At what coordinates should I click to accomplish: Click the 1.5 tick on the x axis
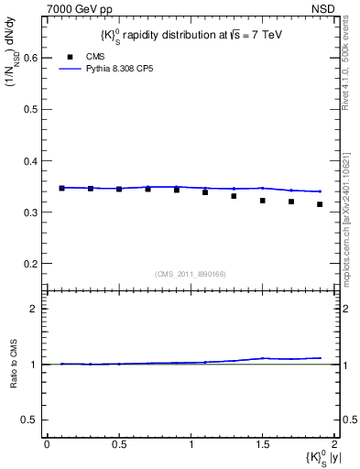point(262,445)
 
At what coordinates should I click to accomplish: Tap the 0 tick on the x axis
point(47,445)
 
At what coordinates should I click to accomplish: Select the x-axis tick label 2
point(334,445)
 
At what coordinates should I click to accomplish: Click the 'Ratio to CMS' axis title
point(14,365)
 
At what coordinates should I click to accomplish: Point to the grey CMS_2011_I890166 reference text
point(191,274)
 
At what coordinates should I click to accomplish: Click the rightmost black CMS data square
point(320,204)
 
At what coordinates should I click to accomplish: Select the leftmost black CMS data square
point(61,188)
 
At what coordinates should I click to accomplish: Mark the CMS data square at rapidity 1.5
point(262,201)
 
